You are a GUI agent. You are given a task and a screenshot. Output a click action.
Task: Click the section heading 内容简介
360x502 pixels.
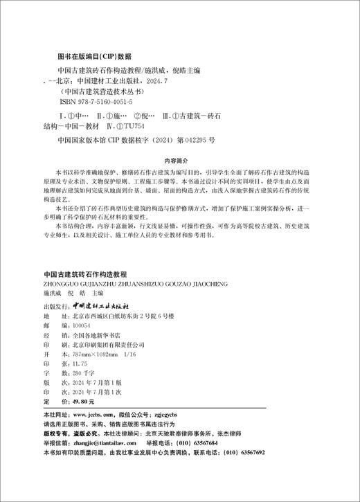click(x=179, y=159)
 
